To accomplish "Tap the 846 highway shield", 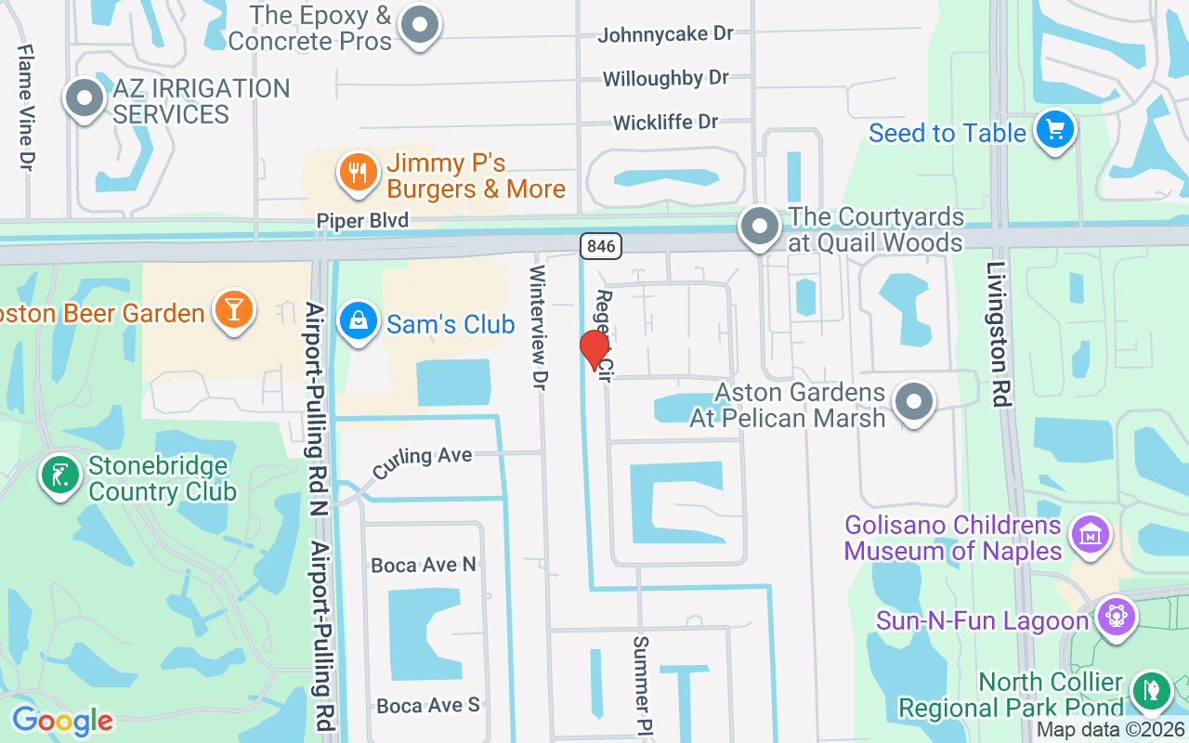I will (x=601, y=246).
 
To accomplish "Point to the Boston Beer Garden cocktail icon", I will (x=232, y=309).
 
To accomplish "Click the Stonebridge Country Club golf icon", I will (x=59, y=476).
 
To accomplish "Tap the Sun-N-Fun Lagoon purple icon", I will (x=1116, y=617).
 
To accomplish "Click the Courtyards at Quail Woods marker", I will (x=760, y=226).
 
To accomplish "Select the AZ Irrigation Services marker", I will (x=85, y=98).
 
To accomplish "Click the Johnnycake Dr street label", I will (x=665, y=34).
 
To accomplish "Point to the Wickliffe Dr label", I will (x=665, y=123).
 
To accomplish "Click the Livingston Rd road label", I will (x=998, y=334).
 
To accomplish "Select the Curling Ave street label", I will (x=423, y=462).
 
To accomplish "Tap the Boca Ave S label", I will (x=428, y=706).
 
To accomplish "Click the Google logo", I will (x=62, y=721).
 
